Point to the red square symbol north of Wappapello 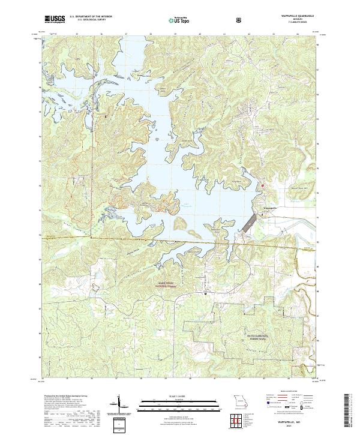tap(262, 187)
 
